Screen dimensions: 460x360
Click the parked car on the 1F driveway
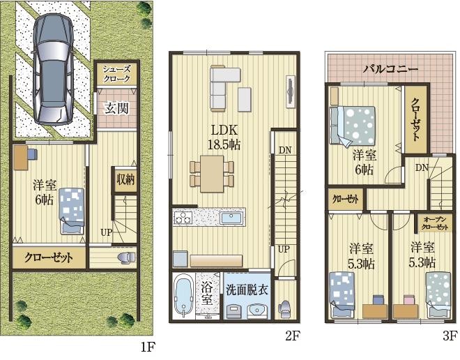(x=54, y=68)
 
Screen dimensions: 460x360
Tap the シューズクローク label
(x=116, y=74)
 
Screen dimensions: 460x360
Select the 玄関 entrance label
(x=117, y=108)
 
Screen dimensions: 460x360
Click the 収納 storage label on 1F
(x=125, y=179)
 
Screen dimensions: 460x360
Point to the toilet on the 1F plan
(x=127, y=257)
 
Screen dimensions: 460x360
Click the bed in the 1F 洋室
(x=72, y=211)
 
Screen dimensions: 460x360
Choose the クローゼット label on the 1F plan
(x=48, y=257)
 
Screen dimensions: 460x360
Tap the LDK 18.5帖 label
(x=224, y=137)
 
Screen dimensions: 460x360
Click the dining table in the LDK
(x=212, y=174)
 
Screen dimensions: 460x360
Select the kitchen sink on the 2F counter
(x=231, y=218)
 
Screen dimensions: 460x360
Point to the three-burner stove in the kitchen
(x=183, y=218)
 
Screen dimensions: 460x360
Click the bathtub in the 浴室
(x=183, y=296)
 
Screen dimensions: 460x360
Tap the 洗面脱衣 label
(x=247, y=290)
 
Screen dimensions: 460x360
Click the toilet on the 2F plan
(x=284, y=309)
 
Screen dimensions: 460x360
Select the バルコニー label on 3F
(x=390, y=69)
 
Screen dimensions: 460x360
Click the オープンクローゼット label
(x=435, y=223)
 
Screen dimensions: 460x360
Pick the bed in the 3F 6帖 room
(x=352, y=126)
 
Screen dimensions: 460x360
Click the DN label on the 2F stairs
(x=285, y=150)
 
